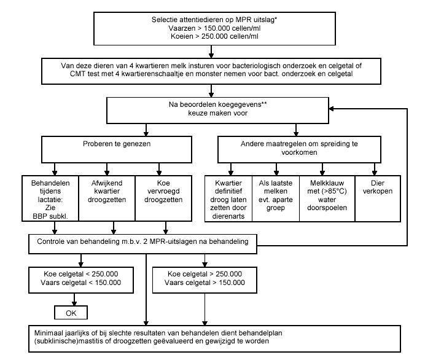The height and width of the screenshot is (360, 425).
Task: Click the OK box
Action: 71,313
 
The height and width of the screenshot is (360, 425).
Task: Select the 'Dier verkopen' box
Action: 378,198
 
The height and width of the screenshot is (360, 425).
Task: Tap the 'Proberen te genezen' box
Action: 117,149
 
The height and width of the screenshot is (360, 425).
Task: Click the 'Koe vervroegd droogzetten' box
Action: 163,198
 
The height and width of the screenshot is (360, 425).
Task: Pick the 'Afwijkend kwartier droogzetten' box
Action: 107,198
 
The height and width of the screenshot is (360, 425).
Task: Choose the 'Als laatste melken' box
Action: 276,198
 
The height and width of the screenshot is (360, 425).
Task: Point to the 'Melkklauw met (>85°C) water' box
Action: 327,198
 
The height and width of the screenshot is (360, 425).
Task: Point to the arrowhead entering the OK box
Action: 74,303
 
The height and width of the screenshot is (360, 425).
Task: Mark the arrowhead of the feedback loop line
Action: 331,109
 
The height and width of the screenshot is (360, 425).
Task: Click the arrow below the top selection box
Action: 211,52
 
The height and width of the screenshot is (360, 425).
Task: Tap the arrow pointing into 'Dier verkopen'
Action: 375,169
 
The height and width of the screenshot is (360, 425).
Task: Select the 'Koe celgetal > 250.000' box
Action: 205,280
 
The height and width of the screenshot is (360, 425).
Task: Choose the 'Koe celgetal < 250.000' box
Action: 81,280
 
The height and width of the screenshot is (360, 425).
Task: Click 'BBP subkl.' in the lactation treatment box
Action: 50,216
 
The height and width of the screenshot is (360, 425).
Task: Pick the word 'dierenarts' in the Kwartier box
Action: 228,216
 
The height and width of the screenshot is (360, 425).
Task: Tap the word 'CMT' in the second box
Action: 78,74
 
